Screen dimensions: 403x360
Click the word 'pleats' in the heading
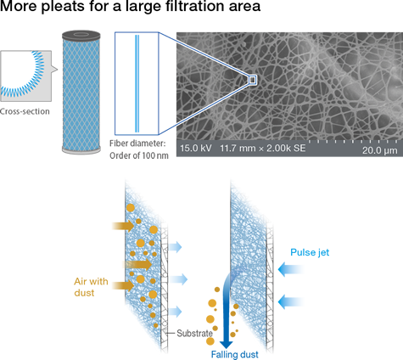(63, 6)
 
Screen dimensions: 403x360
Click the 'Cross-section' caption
(25, 111)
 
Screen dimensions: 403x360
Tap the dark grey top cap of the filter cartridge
(81, 36)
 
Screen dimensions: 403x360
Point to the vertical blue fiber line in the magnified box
(137, 83)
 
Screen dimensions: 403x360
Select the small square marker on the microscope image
(253, 80)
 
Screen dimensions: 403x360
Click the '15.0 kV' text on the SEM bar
(196, 148)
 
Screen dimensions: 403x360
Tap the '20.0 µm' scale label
(380, 150)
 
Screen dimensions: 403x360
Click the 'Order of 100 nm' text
(139, 155)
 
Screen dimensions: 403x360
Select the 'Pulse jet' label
(310, 252)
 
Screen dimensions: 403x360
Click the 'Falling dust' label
(235, 354)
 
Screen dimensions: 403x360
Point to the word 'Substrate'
(194, 334)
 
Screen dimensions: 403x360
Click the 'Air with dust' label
(91, 287)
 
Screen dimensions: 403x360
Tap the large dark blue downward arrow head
(227, 344)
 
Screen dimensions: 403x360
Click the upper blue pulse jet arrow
(290, 269)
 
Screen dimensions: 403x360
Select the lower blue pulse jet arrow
(290, 302)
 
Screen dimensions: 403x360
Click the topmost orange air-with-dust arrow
(123, 226)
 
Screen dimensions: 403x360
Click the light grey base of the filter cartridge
(81, 150)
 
